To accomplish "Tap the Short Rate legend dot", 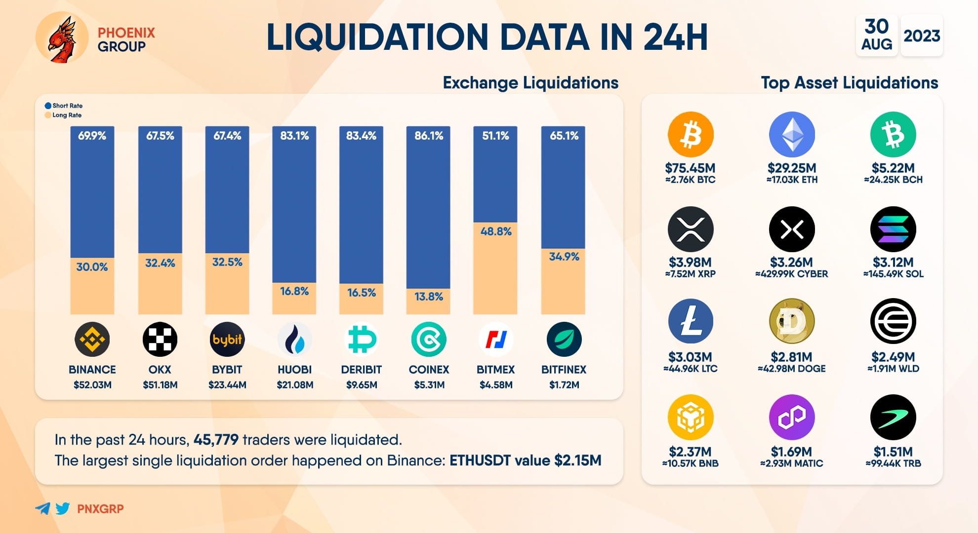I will (48, 106).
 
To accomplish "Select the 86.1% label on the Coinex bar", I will (428, 136).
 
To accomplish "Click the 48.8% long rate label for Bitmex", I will (495, 231).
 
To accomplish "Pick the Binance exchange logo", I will (92, 340).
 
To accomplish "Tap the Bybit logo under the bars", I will (227, 340).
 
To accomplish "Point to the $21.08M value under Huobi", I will (294, 385).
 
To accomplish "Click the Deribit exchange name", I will (361, 370).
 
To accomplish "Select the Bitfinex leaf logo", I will (564, 340).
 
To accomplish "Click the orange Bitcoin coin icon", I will (690, 134).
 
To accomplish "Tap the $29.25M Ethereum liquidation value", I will (791, 168).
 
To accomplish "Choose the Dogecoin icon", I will (791, 321).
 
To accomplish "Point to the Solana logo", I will (893, 229).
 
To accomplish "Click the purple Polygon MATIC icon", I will (791, 417).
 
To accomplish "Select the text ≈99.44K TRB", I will (893, 463).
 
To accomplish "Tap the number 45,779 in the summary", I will (216, 440).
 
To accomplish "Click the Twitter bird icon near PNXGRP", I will (63, 508).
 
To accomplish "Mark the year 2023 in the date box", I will (921, 36).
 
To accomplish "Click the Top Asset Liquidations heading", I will (849, 82).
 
